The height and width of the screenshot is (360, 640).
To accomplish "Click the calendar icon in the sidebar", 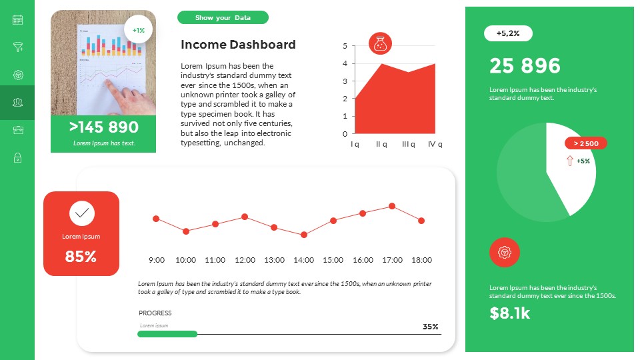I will (18, 19).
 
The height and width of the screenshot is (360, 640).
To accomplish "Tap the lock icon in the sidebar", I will (18, 158).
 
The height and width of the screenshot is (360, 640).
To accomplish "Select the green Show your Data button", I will (223, 17).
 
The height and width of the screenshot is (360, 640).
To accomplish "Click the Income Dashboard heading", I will (238, 45).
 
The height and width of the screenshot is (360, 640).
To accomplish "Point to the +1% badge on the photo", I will (139, 30).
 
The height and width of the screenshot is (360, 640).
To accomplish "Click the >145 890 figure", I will (103, 127).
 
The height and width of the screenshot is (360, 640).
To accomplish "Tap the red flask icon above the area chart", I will (381, 44).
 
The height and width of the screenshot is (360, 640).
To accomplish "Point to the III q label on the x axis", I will (409, 144).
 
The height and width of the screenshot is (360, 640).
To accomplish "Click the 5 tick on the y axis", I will (345, 46).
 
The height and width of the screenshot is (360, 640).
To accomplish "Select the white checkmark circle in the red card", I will (81, 213).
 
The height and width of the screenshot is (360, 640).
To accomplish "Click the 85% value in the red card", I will (81, 256).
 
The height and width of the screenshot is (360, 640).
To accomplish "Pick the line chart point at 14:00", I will (304, 235).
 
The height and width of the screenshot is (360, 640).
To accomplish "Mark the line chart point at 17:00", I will (392, 207).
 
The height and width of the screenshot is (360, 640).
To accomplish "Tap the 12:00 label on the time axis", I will (245, 260).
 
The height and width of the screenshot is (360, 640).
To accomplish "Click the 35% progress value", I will (431, 327).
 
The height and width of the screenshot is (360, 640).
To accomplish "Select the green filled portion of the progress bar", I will (167, 334).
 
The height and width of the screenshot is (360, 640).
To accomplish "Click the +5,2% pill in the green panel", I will (508, 33).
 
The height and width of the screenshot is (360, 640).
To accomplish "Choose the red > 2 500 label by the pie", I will (586, 143).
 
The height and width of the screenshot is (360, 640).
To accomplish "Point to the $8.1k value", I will (510, 313).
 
